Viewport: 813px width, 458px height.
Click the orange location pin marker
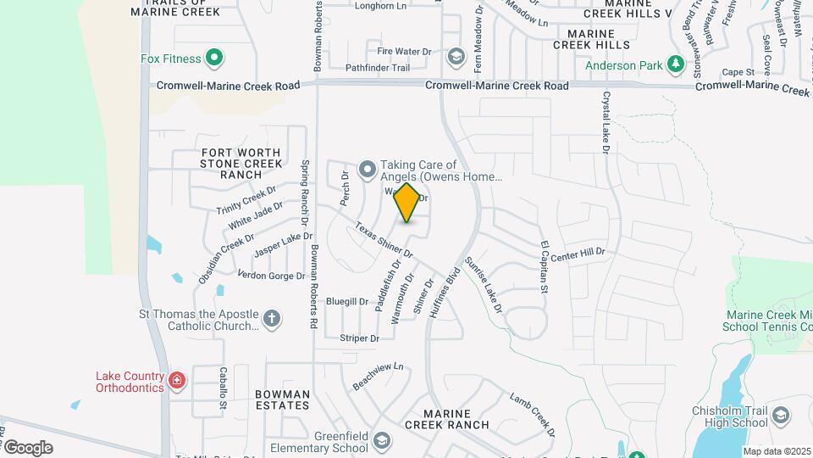click(407, 203)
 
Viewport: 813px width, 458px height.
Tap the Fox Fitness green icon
click(214, 59)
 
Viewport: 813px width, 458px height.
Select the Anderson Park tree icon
click(675, 64)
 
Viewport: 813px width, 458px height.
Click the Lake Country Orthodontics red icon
click(176, 380)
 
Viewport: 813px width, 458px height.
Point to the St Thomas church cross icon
click(271, 319)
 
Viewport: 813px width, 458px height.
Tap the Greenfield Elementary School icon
click(381, 440)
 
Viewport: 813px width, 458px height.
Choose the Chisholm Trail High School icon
click(781, 416)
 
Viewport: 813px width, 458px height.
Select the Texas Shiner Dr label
click(384, 240)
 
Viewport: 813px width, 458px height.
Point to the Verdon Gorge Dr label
click(271, 276)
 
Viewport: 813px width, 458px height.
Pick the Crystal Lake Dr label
click(606, 123)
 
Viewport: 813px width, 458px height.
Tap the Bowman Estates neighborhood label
click(282, 400)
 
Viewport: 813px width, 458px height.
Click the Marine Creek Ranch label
click(446, 419)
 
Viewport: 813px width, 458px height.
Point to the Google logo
click(27, 448)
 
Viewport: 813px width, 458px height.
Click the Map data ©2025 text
click(776, 451)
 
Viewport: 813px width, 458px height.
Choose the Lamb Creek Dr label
click(532, 415)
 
